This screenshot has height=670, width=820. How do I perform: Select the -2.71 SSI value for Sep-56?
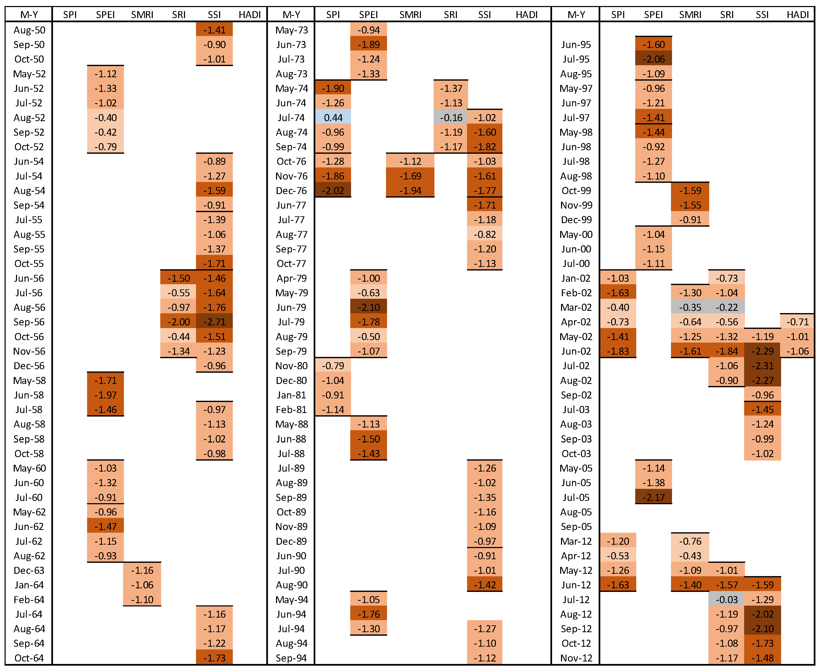(214, 322)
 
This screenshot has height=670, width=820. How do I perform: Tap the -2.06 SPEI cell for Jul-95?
(653, 59)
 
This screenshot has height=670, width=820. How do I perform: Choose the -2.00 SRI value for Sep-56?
(179, 322)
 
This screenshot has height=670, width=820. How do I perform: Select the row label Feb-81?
(291, 409)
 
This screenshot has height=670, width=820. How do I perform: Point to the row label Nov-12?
(576, 658)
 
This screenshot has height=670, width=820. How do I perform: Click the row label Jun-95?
(576, 44)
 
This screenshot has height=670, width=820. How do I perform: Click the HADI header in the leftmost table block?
(250, 15)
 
